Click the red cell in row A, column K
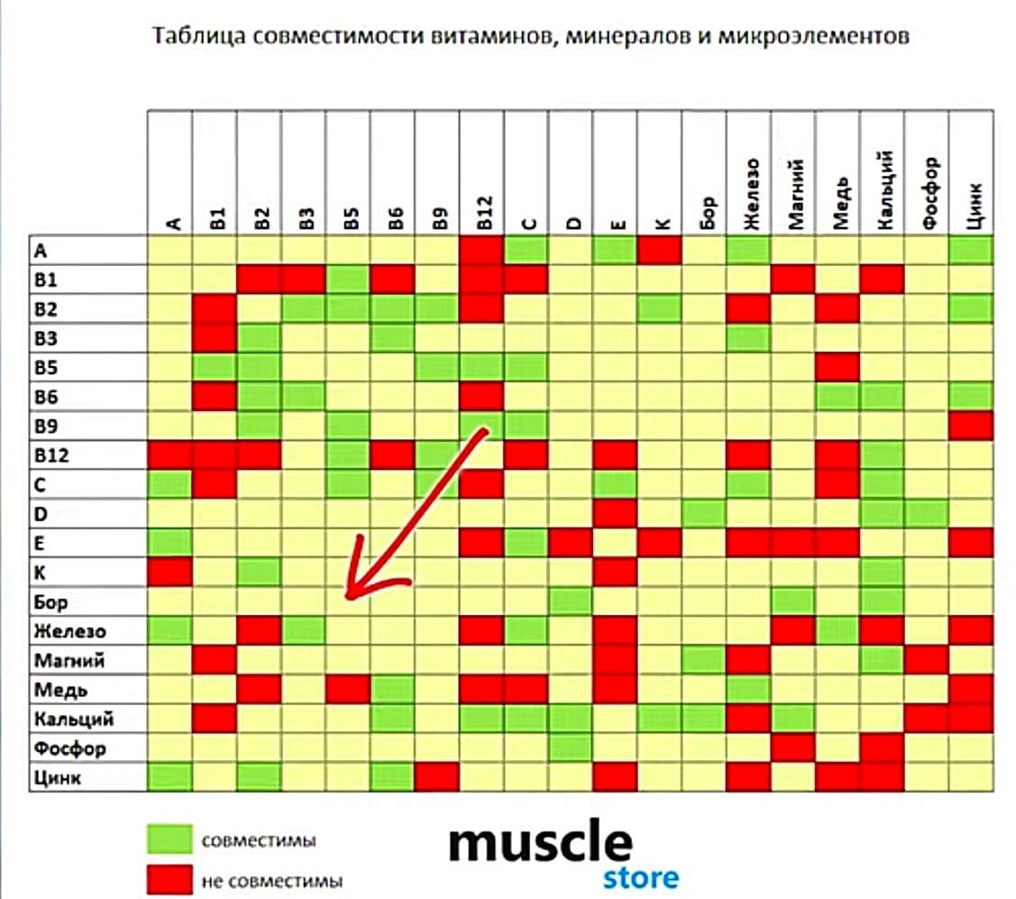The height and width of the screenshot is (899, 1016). [x=659, y=250]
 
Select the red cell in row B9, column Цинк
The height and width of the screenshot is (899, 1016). [x=971, y=426]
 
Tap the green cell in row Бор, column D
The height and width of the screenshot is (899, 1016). [x=571, y=601]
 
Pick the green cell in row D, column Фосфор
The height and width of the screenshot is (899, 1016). [x=926, y=514]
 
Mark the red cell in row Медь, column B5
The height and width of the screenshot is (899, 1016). [x=348, y=690]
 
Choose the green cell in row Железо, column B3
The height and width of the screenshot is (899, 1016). [x=303, y=630]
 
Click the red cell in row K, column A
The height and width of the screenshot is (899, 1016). [x=169, y=572]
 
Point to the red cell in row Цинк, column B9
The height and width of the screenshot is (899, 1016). [x=436, y=777]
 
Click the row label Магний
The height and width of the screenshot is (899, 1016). [x=69, y=660]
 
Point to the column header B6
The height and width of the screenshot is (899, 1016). [x=392, y=216]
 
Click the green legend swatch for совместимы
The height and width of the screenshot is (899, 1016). [x=169, y=839]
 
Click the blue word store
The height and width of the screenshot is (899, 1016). [x=641, y=876]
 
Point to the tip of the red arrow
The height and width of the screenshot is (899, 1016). [x=348, y=595]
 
